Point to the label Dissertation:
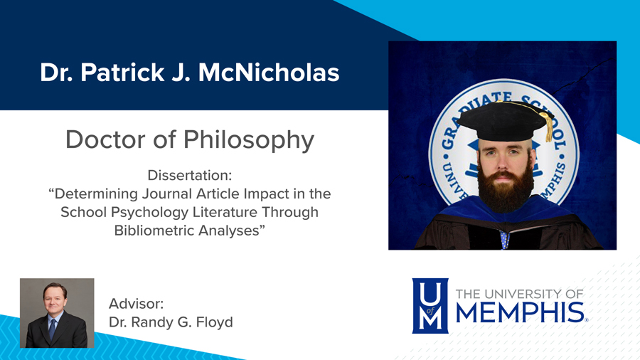tap(190, 175)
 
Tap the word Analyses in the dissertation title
tap(231, 231)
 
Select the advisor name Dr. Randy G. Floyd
tap(171, 322)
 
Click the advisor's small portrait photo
tap(57, 313)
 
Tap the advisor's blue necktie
tap(53, 329)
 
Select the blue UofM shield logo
tap(430, 305)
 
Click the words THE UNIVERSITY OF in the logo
tap(518, 293)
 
